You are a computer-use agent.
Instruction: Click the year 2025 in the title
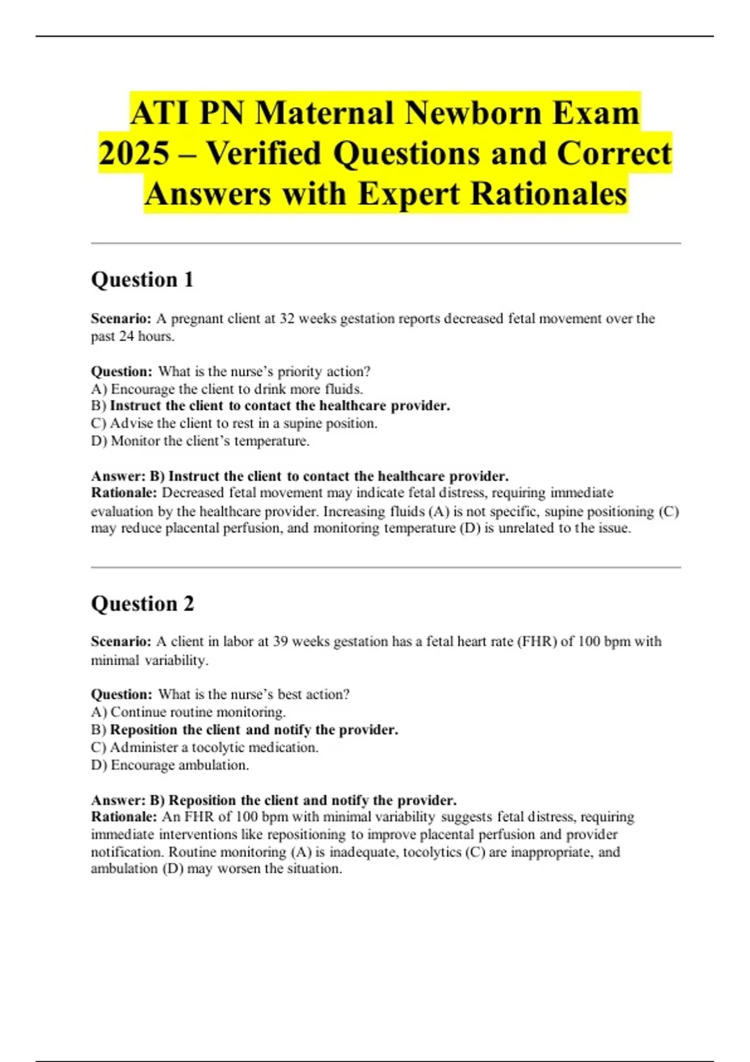(134, 154)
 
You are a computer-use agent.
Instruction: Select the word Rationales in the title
(549, 194)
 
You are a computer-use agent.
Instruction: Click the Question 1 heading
(142, 279)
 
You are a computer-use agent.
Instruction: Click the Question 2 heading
(142, 603)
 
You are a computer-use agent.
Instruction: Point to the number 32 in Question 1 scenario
(286, 319)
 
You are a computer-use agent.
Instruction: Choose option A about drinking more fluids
(227, 389)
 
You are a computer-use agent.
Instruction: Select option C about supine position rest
(234, 423)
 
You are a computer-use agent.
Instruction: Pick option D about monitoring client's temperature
(201, 440)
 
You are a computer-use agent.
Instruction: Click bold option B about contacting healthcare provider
(271, 405)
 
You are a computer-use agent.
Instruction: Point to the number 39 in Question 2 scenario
(280, 642)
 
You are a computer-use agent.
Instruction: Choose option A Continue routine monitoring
(189, 712)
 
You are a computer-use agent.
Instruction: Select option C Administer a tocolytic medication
(205, 747)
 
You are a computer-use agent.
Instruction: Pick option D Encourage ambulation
(170, 765)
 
